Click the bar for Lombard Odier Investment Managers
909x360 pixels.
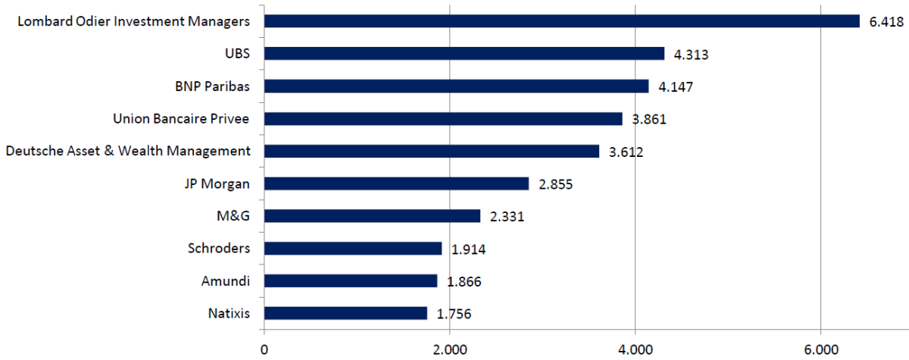click(x=561, y=21)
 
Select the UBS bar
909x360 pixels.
click(x=464, y=54)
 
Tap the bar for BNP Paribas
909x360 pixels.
click(x=456, y=86)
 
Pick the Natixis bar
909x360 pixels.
click(x=345, y=313)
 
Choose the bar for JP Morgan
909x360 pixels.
click(x=396, y=183)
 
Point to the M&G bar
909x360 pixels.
click(x=372, y=216)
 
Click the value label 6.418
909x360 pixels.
click(x=886, y=21)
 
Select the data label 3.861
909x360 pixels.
click(x=649, y=119)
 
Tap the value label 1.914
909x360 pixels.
click(x=468, y=249)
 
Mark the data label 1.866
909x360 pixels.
click(x=464, y=281)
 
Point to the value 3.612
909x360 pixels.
click(x=626, y=152)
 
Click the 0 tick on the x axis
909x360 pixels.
click(x=264, y=349)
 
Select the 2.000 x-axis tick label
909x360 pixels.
click(x=450, y=349)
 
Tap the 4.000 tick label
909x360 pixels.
click(x=635, y=349)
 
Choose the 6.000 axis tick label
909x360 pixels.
click(x=821, y=349)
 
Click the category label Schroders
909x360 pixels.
click(x=219, y=248)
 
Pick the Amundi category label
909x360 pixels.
click(x=225, y=281)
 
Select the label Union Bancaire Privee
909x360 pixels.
click(x=181, y=118)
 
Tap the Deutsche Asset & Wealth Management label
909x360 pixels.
click(x=128, y=151)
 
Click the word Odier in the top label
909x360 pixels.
click(x=93, y=21)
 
